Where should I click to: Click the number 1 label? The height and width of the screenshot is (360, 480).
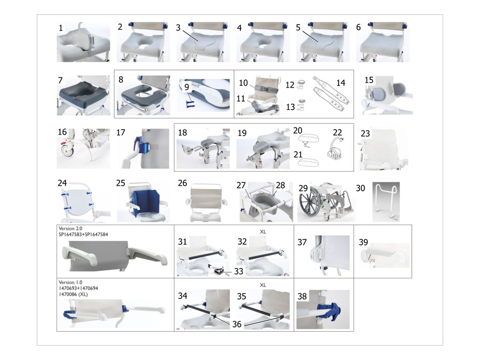(61, 28)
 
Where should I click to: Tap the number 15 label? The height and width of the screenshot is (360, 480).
(369, 80)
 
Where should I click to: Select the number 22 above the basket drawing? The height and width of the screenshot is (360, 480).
(338, 133)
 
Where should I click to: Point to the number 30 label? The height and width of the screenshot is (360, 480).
(361, 188)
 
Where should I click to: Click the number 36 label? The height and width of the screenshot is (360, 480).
(237, 324)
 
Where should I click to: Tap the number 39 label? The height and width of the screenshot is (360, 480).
(363, 242)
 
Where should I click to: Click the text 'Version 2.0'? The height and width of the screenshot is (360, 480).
(70, 229)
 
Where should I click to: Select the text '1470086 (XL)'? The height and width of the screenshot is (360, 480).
(73, 294)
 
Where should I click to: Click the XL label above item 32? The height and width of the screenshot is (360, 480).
(263, 232)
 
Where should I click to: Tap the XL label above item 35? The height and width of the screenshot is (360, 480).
(263, 285)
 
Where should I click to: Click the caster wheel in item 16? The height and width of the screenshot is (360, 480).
(67, 150)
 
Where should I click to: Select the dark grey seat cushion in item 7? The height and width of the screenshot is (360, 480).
(83, 94)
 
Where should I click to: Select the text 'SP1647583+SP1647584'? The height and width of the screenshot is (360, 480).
(83, 235)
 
